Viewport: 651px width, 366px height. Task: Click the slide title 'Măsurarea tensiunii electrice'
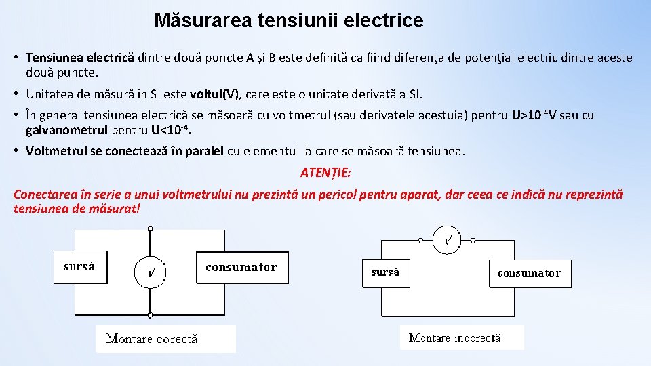point(288,20)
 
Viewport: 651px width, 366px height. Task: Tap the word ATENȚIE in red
point(325,173)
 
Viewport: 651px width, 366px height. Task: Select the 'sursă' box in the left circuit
point(79,267)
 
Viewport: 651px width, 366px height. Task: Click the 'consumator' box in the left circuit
point(241,267)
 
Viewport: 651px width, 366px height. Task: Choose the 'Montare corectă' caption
point(152,339)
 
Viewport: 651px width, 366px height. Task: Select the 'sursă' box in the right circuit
point(385,273)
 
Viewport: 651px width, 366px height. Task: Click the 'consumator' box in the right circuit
point(529,273)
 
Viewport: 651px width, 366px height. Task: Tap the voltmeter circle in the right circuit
point(448,239)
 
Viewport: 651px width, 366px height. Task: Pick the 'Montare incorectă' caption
point(454,337)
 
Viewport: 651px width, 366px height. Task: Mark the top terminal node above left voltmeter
point(150,230)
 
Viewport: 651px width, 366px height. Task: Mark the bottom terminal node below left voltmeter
point(150,314)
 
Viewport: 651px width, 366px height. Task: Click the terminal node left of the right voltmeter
point(420,239)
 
